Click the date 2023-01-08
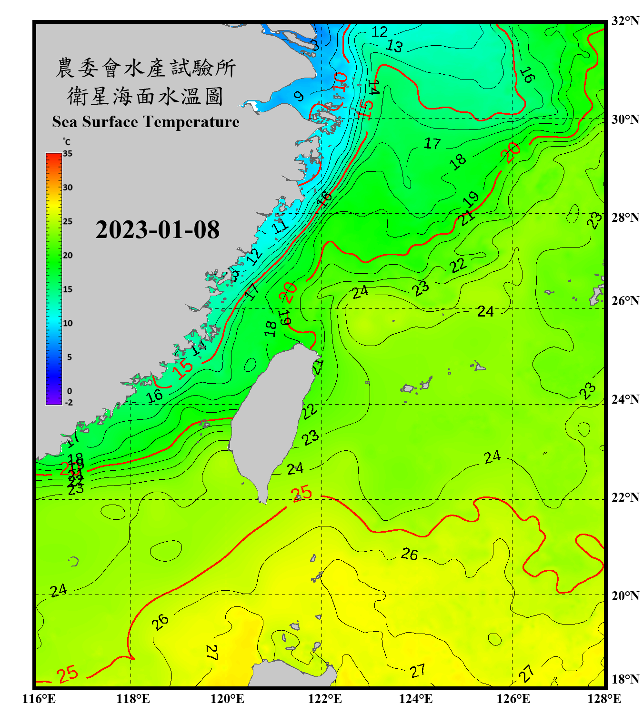[x=157, y=229]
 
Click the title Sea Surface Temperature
[x=145, y=122]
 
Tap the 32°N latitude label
[x=625, y=21]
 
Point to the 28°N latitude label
[x=625, y=218]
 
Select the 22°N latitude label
[x=625, y=497]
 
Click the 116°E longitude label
[x=39, y=699]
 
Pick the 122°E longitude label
[x=325, y=699]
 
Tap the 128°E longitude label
[x=604, y=699]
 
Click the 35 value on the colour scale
[x=68, y=154]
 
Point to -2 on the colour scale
[x=69, y=402]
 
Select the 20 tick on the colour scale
[x=68, y=256]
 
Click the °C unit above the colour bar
[x=67, y=142]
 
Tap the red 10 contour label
[x=340, y=82]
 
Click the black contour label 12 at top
[x=380, y=32]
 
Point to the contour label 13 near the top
[x=394, y=46]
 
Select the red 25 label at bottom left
[x=67, y=674]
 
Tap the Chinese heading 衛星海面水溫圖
[x=145, y=96]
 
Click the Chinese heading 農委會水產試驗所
[x=145, y=68]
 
